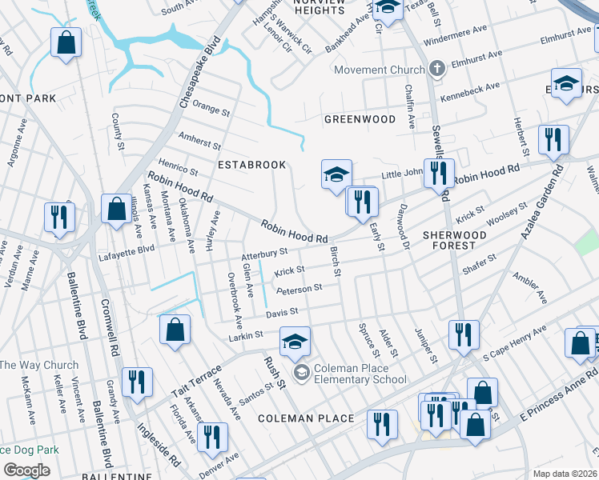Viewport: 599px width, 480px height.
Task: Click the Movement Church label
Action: coord(380,70)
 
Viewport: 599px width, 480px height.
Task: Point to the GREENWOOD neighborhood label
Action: coord(360,119)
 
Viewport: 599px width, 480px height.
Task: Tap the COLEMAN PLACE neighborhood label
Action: coord(306,418)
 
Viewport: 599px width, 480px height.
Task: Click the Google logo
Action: coord(26,470)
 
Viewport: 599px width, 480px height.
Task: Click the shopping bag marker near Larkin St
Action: coord(175,330)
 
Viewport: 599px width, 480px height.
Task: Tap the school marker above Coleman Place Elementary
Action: coord(295,342)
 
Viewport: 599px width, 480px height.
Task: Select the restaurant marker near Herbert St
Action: coord(553,139)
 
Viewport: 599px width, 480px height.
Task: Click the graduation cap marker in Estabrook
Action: coord(337,173)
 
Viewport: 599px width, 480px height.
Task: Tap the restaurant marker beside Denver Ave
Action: coord(212,437)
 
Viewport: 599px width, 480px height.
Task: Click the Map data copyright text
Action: coord(564,474)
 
